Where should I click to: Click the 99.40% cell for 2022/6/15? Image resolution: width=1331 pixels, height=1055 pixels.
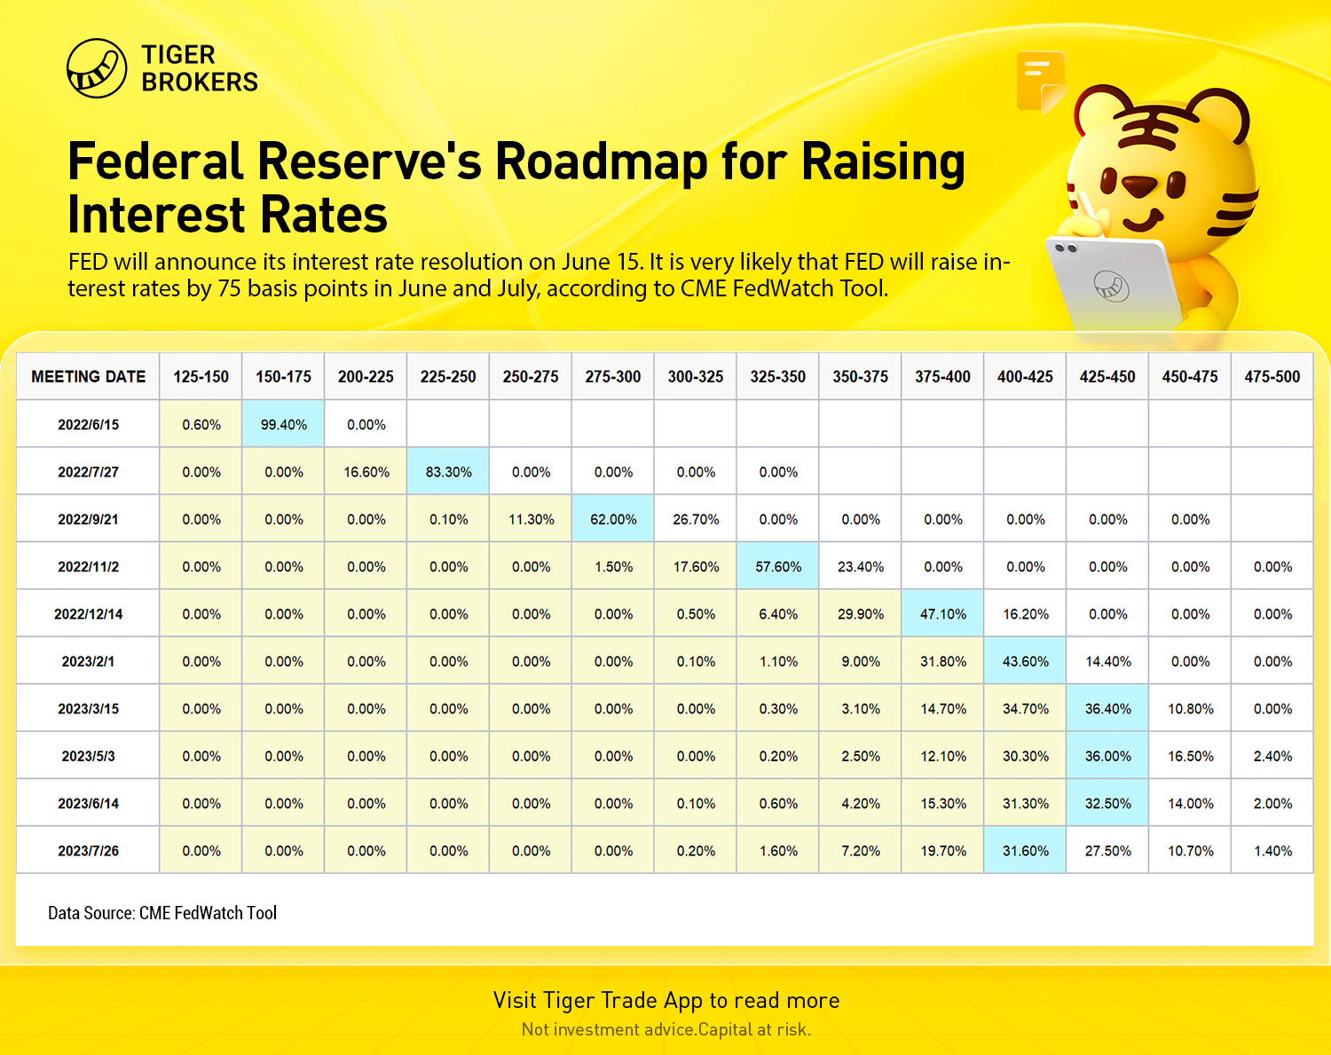pos(283,424)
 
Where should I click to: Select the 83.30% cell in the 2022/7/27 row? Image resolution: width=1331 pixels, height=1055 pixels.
pos(448,472)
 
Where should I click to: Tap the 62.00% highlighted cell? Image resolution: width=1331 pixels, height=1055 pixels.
pos(613,519)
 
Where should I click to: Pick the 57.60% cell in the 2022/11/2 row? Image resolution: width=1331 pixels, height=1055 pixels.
pos(777,566)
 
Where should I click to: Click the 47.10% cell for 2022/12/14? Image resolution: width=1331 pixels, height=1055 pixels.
pos(942,614)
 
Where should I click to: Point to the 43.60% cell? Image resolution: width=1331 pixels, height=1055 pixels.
pos(1025,661)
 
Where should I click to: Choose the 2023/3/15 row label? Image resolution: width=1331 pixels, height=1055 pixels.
pos(88,709)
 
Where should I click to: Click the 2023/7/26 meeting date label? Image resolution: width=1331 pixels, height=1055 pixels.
pos(88,851)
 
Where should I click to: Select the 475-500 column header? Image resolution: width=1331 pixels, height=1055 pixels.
pos(1272,376)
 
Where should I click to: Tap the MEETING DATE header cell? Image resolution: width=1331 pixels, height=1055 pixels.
pos(88,376)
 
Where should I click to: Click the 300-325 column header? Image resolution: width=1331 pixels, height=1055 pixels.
pos(695,376)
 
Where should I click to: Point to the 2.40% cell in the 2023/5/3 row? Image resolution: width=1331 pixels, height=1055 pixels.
pos(1272,756)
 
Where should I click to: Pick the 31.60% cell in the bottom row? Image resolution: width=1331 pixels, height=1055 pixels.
pos(1025,851)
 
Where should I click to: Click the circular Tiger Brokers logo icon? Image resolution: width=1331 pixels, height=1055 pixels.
pos(97,68)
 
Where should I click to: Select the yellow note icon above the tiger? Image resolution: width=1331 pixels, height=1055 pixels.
pos(1042,82)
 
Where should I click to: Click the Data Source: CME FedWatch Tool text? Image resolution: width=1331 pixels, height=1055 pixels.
pos(162,913)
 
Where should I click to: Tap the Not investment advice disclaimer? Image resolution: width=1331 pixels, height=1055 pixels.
pos(666,1029)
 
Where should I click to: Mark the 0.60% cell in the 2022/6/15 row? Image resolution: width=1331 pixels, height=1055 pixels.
pos(201,424)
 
